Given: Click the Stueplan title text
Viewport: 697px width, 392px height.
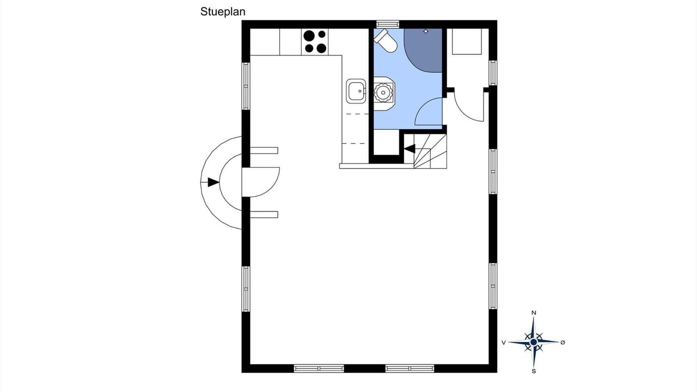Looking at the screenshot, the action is [223, 12].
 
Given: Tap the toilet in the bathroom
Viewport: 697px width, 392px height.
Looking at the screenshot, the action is [386, 41].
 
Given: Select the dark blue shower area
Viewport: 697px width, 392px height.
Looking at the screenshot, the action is [424, 50].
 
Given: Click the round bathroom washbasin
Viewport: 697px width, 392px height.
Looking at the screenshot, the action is [383, 93].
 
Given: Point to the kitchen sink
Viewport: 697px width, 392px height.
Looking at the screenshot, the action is [356, 91].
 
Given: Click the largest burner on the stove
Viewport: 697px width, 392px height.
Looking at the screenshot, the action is [309, 36].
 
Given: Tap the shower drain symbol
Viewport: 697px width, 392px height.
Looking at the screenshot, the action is [426, 32].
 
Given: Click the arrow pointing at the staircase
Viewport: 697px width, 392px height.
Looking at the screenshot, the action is [409, 149].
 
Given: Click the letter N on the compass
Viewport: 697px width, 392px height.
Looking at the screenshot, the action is [534, 313].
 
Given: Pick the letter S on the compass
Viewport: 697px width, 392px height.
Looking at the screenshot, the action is [534, 371].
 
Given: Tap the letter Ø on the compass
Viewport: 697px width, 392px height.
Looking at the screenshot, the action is [563, 342].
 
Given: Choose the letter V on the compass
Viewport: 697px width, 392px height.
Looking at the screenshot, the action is [504, 342].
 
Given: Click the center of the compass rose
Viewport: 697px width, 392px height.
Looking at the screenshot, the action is [534, 342].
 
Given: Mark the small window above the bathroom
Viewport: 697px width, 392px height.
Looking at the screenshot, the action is [388, 24].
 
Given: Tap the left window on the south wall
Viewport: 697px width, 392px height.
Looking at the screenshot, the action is [319, 369].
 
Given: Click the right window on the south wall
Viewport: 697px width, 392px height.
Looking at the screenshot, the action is [409, 369].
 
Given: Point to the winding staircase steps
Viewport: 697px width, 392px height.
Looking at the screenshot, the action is [430, 151].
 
